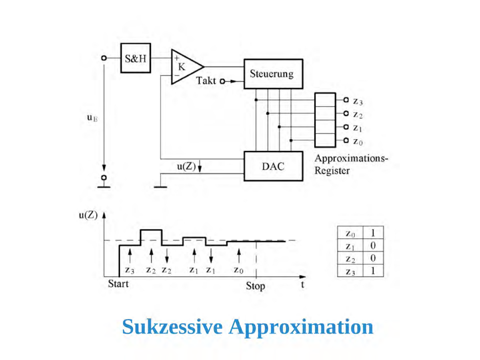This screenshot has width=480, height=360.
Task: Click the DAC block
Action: tap(273, 166)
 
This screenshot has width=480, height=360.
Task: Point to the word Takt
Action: tap(206, 81)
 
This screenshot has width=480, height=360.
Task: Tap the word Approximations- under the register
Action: tap(351, 158)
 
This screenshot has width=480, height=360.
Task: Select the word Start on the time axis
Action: tap(118, 284)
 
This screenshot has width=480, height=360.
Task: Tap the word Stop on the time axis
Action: tap(255, 286)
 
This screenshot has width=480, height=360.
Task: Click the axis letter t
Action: tap(303, 284)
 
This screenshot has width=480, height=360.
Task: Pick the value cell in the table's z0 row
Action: tap(373, 232)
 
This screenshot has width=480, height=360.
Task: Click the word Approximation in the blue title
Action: tap(301, 327)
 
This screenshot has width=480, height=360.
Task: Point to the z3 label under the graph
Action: tap(129, 270)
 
